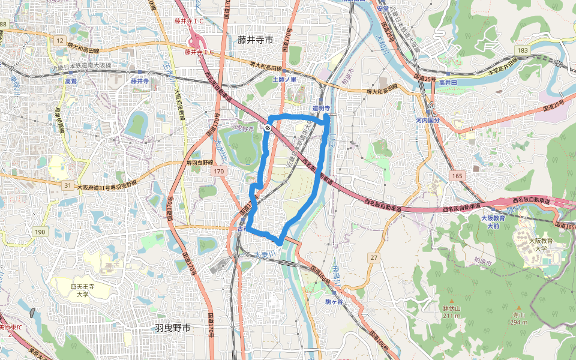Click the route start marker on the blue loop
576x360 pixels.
point(267,128)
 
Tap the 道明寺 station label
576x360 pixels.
point(322,108)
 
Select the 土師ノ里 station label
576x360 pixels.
point(284,79)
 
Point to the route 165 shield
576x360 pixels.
point(458,175)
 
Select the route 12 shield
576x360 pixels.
point(60,40)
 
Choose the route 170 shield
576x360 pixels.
point(218,172)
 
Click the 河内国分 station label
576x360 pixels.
point(440,121)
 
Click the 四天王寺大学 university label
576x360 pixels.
point(82,291)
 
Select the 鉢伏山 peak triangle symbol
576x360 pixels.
point(451,300)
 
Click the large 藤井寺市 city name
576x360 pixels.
point(255,40)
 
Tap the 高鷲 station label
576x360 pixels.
point(71,81)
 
